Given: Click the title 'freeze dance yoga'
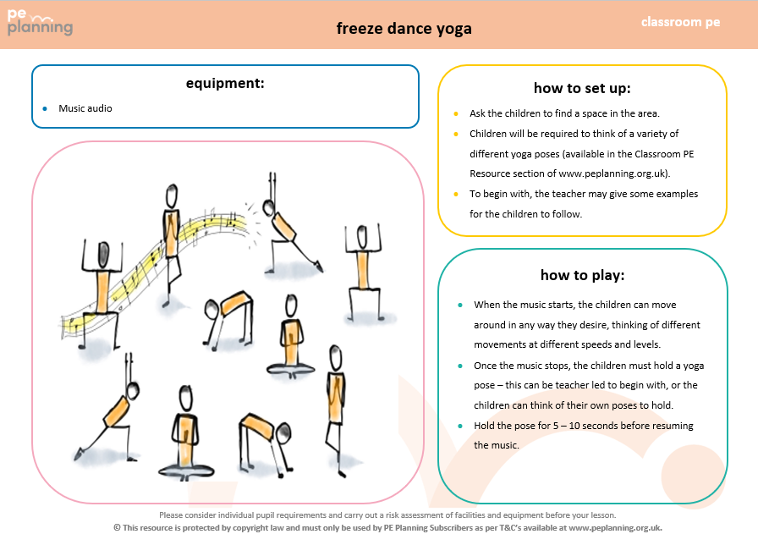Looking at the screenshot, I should pyautogui.click(x=404, y=28).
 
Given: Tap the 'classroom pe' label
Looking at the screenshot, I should pyautogui.click(x=680, y=22).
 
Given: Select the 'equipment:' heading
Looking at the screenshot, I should pyautogui.click(x=225, y=83).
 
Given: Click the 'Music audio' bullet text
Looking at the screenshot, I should pyautogui.click(x=85, y=108).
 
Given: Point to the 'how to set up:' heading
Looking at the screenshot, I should pyautogui.click(x=582, y=88).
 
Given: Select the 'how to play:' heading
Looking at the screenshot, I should pyautogui.click(x=582, y=275).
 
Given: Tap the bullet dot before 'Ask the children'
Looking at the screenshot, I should pyautogui.click(x=456, y=113).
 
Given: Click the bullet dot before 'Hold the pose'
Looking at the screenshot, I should pyautogui.click(x=459, y=425).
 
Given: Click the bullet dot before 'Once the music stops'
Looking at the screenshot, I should pyautogui.click(x=459, y=366).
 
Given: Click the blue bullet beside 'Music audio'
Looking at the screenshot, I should pyautogui.click(x=45, y=108).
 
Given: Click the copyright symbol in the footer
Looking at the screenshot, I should pyautogui.click(x=118, y=527).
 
